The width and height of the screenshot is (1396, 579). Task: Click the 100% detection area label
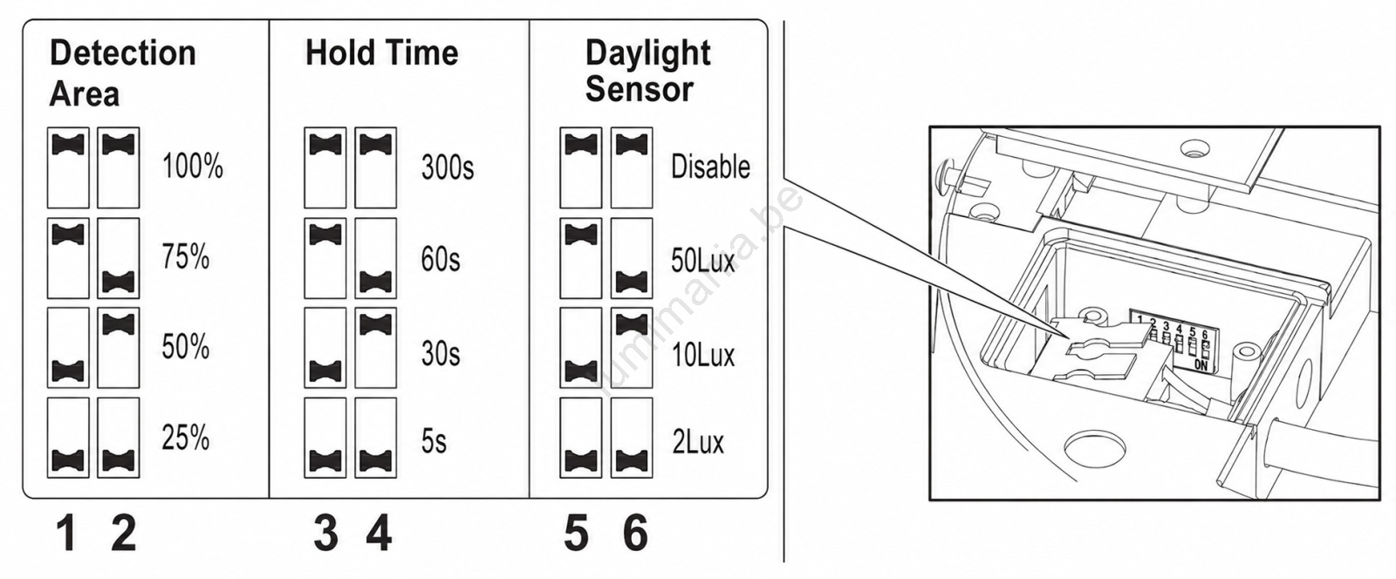pos(193,167)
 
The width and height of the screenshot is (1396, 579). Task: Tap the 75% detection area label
pos(186,256)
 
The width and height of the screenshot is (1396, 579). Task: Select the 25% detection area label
pos(186,438)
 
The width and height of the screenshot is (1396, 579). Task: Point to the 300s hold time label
pos(448,167)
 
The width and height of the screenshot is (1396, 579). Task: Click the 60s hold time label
pos(441,258)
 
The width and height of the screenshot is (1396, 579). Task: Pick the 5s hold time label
pos(434,441)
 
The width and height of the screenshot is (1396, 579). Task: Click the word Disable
pos(710,167)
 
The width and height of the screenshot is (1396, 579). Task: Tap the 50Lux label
pos(703,260)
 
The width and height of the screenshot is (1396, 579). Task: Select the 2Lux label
pos(698,442)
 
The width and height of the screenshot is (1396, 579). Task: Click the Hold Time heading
pos(381,52)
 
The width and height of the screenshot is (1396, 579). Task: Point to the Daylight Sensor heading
pos(647,71)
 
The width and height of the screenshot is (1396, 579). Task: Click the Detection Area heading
pos(123,73)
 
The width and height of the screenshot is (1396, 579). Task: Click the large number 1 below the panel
pos(66,533)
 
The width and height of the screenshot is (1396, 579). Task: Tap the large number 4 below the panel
pos(379,533)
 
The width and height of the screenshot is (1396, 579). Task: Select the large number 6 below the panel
pos(636,533)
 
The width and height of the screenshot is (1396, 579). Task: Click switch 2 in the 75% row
pos(119,258)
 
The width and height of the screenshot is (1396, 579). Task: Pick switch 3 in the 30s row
pos(325,347)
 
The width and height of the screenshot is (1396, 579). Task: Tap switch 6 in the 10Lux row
pos(632,347)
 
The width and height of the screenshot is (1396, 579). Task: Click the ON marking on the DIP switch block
pos(1201,365)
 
